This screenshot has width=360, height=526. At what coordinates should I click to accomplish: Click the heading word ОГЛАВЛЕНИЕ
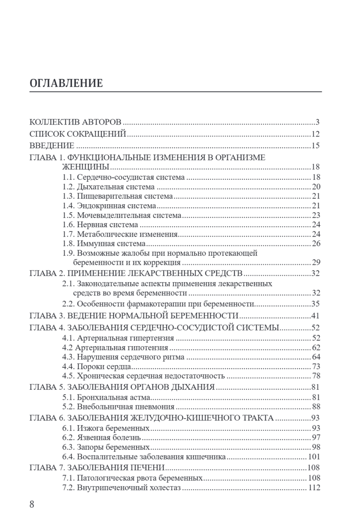point(66,83)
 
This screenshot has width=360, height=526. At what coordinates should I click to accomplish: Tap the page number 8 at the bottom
point(32,504)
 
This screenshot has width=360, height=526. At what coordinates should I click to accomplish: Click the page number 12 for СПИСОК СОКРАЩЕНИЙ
point(316,134)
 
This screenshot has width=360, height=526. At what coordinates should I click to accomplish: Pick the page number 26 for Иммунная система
point(316,243)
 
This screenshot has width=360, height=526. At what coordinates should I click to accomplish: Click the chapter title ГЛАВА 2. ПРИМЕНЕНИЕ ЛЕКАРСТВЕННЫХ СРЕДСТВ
point(136,274)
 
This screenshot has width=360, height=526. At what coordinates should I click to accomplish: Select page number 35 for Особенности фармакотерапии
point(316,303)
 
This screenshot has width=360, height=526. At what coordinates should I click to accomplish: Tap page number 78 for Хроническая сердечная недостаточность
point(316,376)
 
